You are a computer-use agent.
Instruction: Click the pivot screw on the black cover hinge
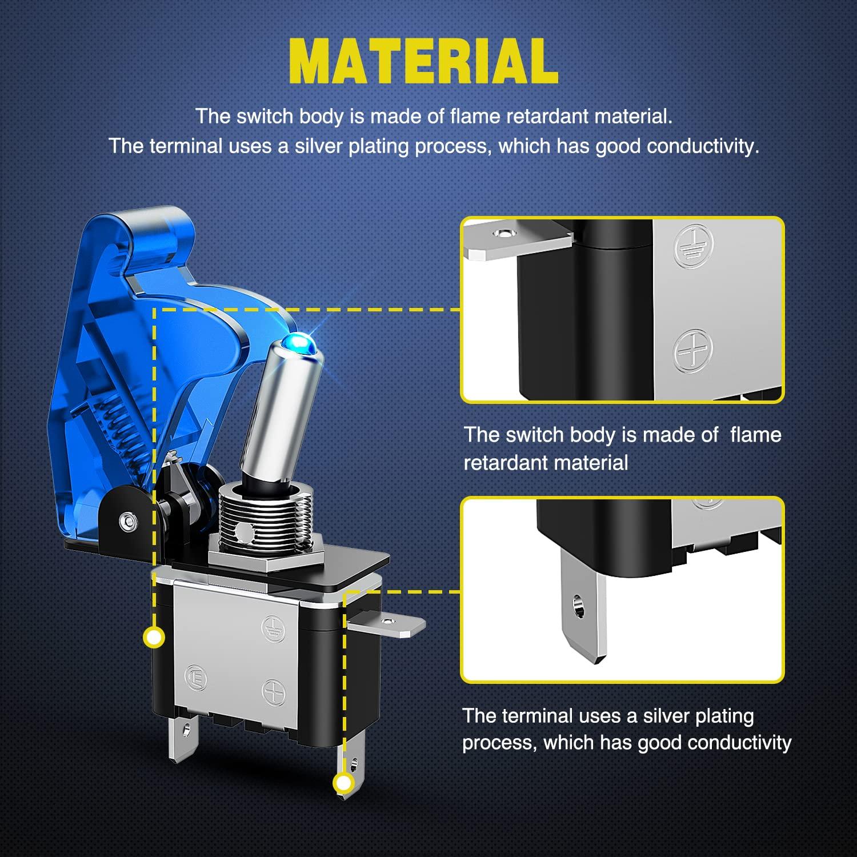pos(125,520)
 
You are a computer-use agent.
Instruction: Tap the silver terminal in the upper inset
pos(517,241)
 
